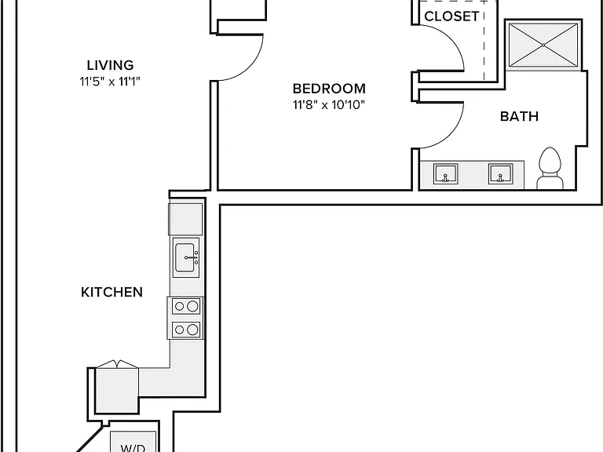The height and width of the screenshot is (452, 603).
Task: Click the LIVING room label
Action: (x=110, y=65)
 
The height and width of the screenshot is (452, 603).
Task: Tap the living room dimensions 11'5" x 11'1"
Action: (x=110, y=82)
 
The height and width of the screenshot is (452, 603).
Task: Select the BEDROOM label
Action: (x=329, y=89)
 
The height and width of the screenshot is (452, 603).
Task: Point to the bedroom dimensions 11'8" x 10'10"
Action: (x=329, y=104)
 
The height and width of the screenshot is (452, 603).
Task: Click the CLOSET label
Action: (x=452, y=16)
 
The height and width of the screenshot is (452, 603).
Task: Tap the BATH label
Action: (x=519, y=116)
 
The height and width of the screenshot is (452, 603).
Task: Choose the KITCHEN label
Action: (x=112, y=292)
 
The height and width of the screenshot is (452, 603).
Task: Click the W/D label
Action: (x=133, y=448)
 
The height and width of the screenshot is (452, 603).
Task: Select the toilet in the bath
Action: (x=550, y=169)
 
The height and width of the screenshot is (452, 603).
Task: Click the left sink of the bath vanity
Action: (x=445, y=173)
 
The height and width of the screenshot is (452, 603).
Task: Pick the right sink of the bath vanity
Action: (x=500, y=173)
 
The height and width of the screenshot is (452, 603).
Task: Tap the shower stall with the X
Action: (x=543, y=46)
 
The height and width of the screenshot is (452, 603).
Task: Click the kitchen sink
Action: (x=186, y=257)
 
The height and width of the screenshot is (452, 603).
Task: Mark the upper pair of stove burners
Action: (x=186, y=306)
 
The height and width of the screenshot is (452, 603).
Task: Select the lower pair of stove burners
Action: (x=186, y=330)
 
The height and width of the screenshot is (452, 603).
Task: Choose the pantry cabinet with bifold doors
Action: (x=117, y=388)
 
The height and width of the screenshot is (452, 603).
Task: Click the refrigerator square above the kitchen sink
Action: (x=185, y=219)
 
